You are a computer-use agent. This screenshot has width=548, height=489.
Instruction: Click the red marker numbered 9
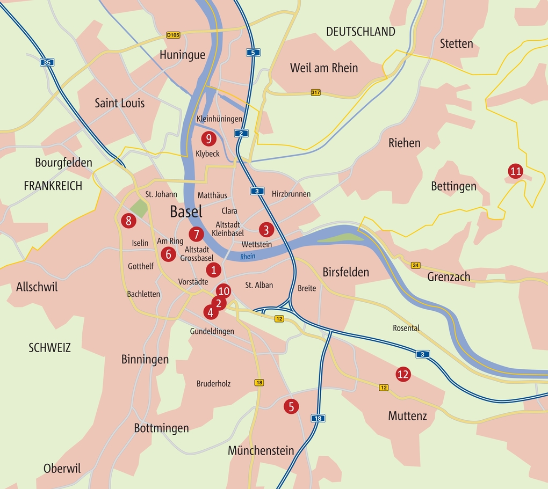[x=208, y=138]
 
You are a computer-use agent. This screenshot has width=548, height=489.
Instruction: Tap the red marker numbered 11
[x=515, y=172]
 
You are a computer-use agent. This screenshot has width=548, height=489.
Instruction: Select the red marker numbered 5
[x=291, y=406]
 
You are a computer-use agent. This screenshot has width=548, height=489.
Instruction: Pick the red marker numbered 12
[x=403, y=374]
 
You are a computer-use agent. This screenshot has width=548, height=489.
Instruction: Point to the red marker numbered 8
[x=128, y=220]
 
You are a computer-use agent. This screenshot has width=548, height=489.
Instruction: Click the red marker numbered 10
[x=223, y=291]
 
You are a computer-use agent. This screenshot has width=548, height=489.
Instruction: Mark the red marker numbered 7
[x=196, y=234]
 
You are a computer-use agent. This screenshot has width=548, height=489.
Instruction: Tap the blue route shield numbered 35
[x=47, y=62]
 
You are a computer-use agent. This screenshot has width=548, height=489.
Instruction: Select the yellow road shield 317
[x=315, y=93]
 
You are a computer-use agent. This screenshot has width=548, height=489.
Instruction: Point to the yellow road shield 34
[x=415, y=265]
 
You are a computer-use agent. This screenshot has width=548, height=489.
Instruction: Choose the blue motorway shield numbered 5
[x=253, y=52]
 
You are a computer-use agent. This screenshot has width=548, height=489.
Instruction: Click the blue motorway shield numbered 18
[x=318, y=418]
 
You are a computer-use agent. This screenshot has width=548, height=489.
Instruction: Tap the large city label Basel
[x=186, y=211]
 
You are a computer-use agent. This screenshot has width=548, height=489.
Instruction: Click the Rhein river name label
[x=248, y=257]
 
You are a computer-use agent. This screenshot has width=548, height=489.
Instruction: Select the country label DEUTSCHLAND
[x=360, y=32]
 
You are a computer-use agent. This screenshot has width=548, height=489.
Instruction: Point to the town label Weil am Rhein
[x=323, y=68]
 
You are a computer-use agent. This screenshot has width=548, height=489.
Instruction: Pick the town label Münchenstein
[x=261, y=450]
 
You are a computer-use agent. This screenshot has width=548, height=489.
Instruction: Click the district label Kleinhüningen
[x=219, y=119]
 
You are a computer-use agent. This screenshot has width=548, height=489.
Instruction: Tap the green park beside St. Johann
[x=139, y=208]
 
